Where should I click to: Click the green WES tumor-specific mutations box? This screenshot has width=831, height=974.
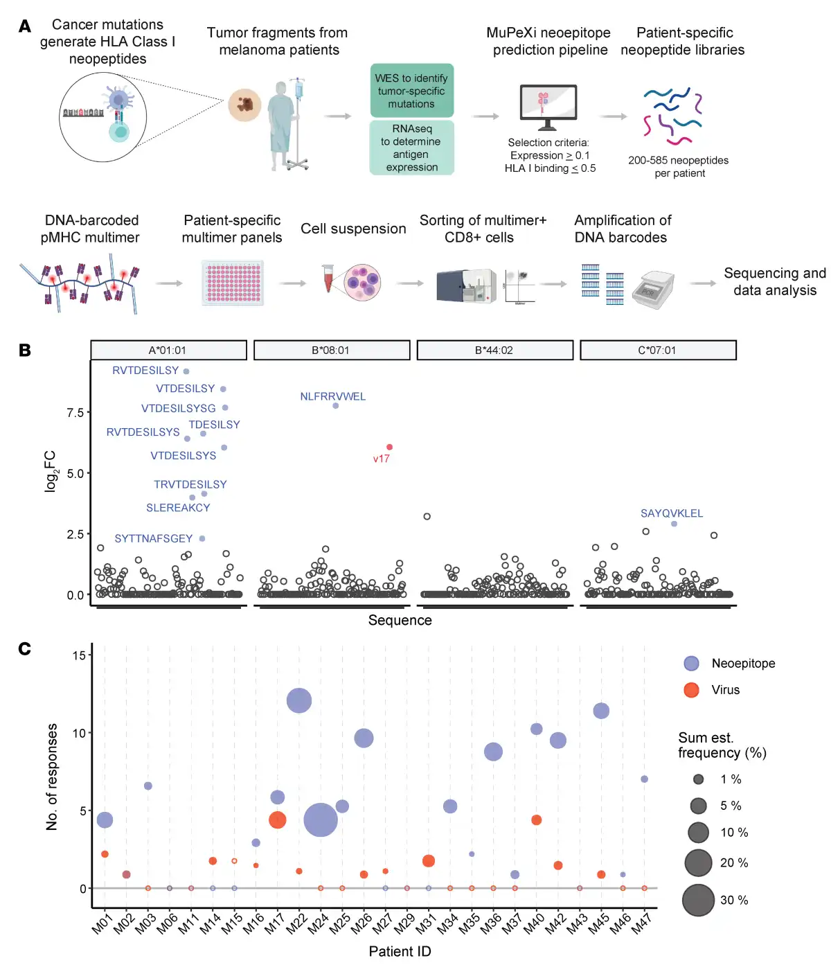click(412, 91)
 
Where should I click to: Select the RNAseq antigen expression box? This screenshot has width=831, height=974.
click(412, 148)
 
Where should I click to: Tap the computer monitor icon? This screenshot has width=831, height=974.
click(548, 107)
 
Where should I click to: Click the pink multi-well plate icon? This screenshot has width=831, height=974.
click(233, 283)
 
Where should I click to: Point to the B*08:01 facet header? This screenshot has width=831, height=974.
click(332, 350)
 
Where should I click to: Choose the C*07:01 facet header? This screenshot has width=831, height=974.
click(658, 350)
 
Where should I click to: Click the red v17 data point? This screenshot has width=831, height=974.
click(390, 447)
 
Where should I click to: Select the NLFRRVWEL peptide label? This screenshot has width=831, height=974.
click(332, 396)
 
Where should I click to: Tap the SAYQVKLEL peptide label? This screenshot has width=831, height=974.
click(671, 513)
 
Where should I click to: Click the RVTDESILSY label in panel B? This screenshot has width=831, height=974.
click(145, 371)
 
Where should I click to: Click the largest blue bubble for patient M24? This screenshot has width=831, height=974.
click(321, 820)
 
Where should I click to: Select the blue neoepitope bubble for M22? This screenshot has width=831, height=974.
click(299, 700)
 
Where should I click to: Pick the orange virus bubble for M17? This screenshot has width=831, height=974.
click(278, 820)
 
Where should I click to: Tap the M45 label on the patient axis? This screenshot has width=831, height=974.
click(598, 923)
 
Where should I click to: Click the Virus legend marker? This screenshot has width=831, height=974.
click(691, 690)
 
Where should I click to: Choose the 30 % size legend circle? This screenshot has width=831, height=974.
click(698, 900)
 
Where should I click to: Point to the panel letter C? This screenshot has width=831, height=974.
click(24, 649)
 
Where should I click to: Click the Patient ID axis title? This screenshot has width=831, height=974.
click(400, 951)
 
